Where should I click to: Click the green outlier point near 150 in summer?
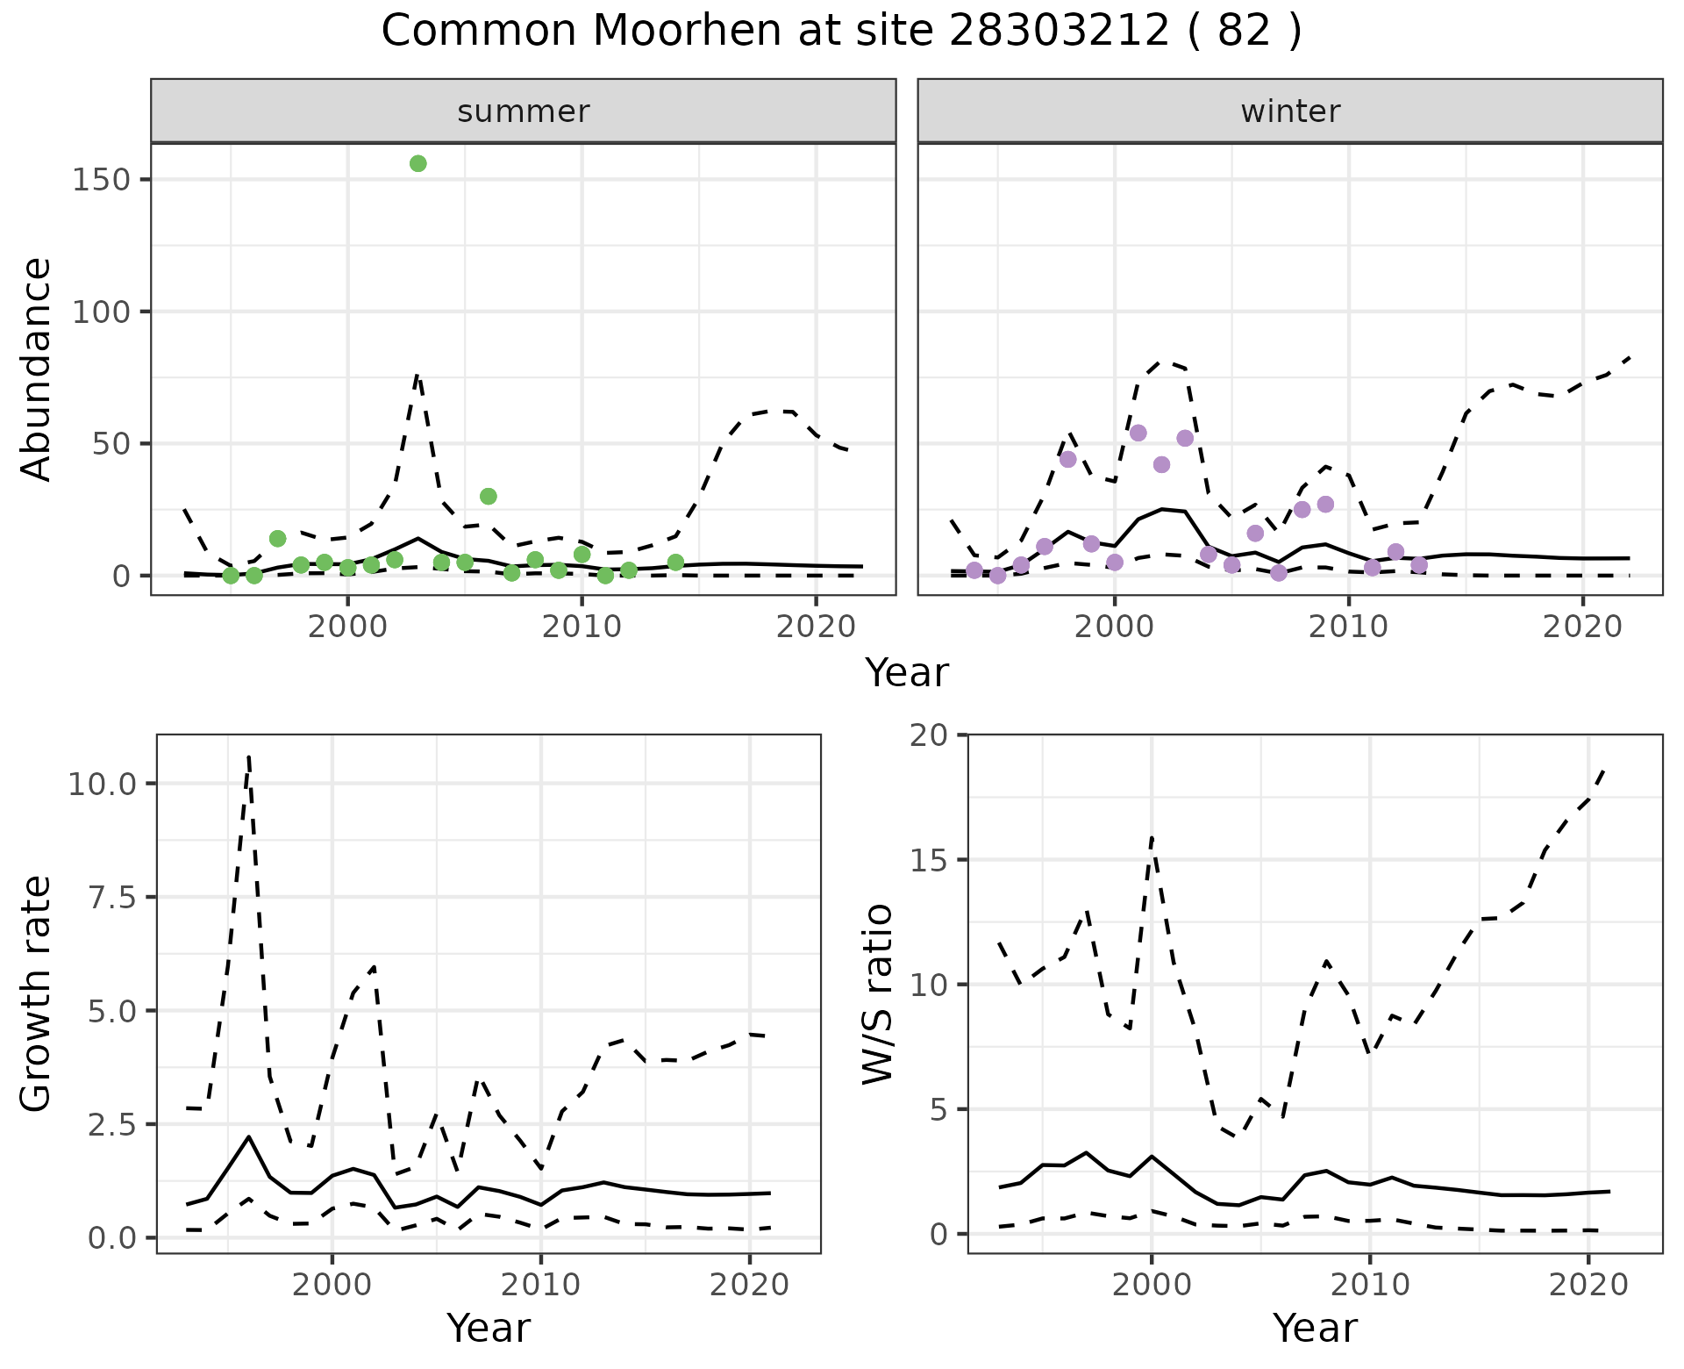(x=418, y=163)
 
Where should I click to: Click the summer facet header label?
(x=524, y=111)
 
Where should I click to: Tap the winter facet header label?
(x=1290, y=111)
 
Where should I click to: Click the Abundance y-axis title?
(x=37, y=369)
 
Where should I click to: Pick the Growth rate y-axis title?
(x=37, y=993)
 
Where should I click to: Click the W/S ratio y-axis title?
(x=877, y=993)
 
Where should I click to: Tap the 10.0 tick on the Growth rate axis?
(x=103, y=784)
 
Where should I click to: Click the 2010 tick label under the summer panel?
(x=582, y=628)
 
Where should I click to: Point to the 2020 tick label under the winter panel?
(x=1583, y=628)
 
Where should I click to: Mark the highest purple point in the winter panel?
(x=1138, y=433)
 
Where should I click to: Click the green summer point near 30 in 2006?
(x=489, y=496)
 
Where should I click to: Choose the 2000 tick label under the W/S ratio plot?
(x=1151, y=1286)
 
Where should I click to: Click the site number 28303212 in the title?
(x=1059, y=32)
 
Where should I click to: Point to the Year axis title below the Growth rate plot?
(x=489, y=1328)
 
